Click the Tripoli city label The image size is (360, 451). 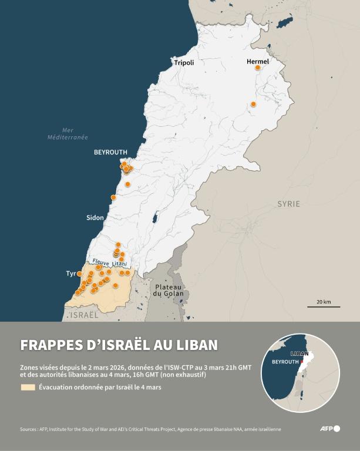[x=184, y=62]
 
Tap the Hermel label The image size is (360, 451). [x=258, y=61]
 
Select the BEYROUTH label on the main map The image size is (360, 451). [x=110, y=152]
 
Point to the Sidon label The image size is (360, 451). [x=95, y=217]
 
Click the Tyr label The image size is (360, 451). [x=71, y=274]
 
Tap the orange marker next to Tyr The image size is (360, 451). [x=80, y=274]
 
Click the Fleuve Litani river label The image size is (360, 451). [x=109, y=264]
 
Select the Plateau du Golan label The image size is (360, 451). [x=169, y=290]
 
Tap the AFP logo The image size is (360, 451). [x=329, y=429]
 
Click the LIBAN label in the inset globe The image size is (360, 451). [x=300, y=354]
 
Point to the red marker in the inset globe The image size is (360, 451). [x=301, y=362]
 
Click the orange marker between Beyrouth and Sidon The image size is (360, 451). [x=113, y=197]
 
